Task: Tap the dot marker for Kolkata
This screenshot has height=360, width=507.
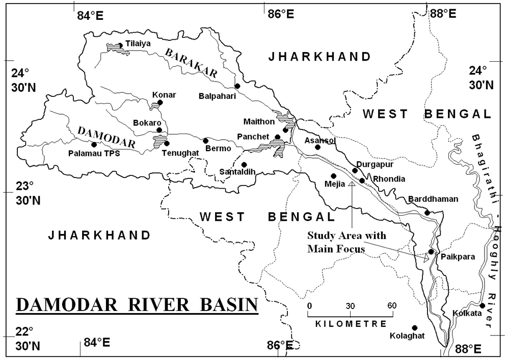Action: (x=483, y=305)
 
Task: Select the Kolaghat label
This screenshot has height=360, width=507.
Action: (x=406, y=336)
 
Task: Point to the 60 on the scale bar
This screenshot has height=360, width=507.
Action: (x=391, y=305)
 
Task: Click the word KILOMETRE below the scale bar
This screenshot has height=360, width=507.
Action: (x=351, y=324)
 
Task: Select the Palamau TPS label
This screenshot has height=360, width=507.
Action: (x=94, y=153)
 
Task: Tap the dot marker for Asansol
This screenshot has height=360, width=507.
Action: (x=317, y=147)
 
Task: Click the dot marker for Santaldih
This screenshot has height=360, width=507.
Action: (x=244, y=165)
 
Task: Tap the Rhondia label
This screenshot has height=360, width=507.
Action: (x=389, y=179)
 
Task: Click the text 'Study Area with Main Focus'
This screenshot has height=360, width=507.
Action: (x=346, y=242)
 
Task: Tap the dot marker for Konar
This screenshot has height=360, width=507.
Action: (x=160, y=102)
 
